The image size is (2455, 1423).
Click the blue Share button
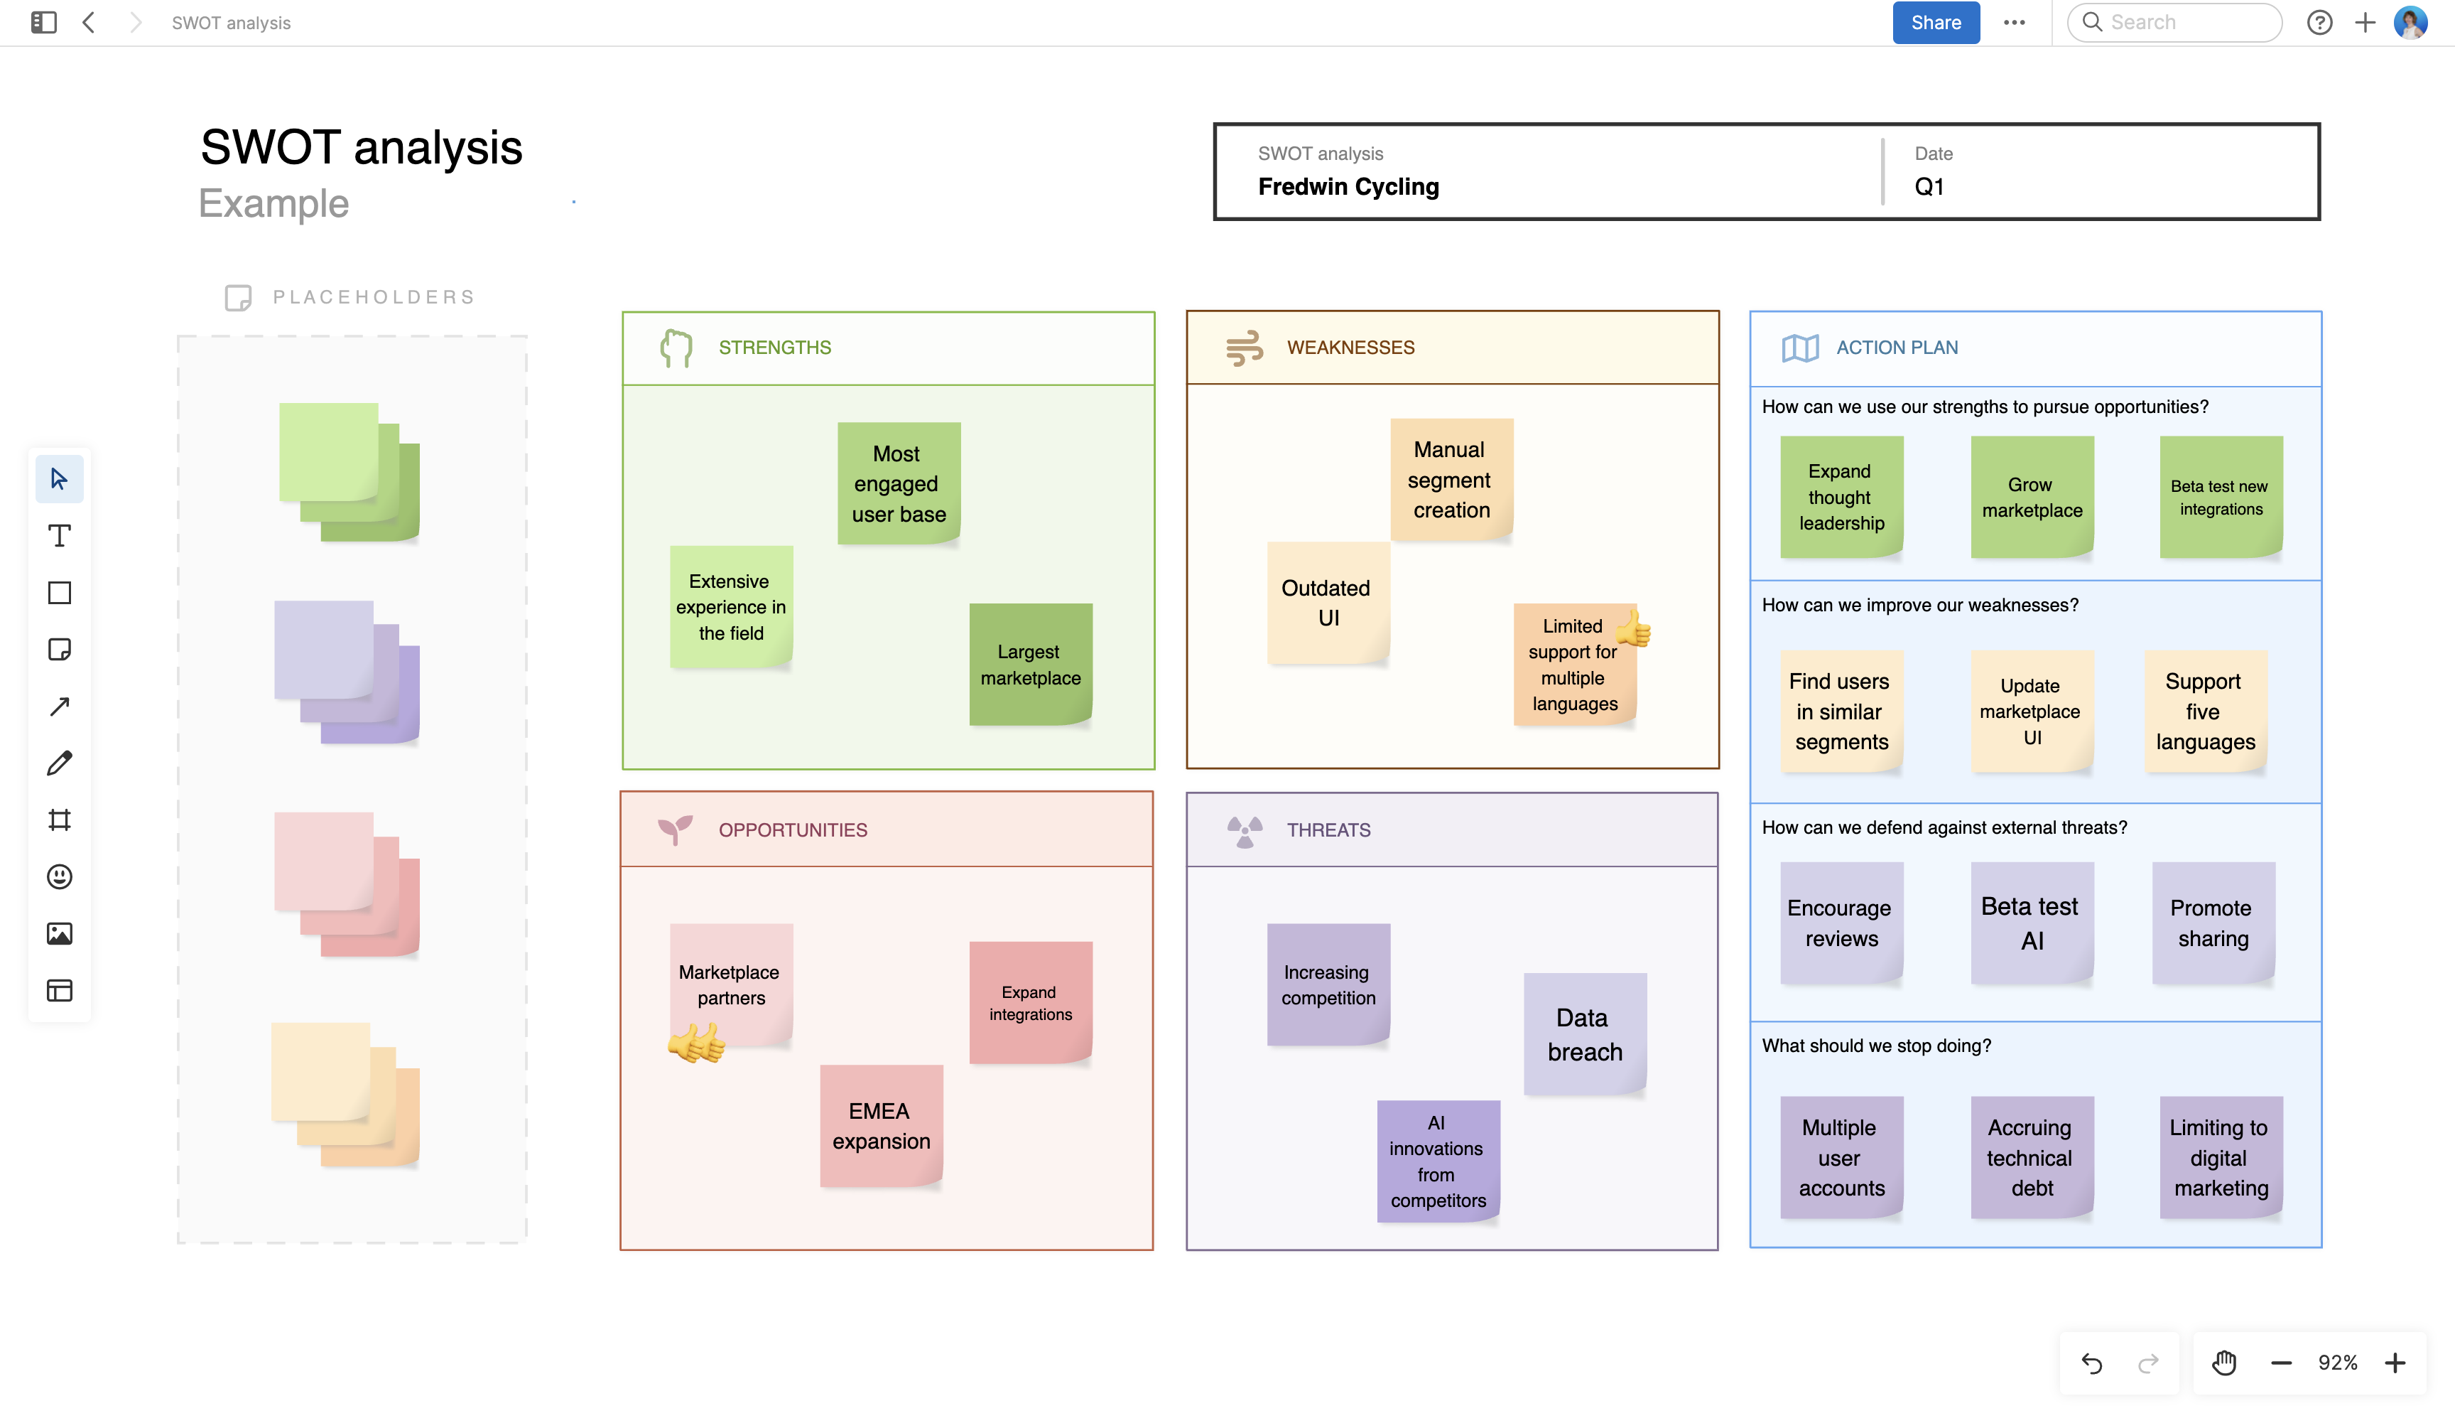coord(1935,23)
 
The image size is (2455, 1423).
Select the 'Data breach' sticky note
coord(1584,1034)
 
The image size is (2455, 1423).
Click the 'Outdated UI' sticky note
coord(1327,602)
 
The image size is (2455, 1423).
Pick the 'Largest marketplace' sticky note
coord(1030,665)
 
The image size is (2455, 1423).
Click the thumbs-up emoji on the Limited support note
coord(1634,628)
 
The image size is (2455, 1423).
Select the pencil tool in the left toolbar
coord(60,763)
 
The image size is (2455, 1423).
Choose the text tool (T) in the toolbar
coord(60,536)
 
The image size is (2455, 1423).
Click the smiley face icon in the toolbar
coord(60,877)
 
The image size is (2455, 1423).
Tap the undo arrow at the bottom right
coord(2091,1363)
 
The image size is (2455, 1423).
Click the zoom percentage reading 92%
coord(2337,1363)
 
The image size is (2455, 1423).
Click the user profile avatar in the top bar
coord(2410,23)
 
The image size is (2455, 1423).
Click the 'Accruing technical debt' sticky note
coord(2031,1157)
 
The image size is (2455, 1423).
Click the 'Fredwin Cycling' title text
coord(1348,187)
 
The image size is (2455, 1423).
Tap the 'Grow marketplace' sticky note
coord(2031,497)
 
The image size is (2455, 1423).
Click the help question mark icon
coord(2319,23)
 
